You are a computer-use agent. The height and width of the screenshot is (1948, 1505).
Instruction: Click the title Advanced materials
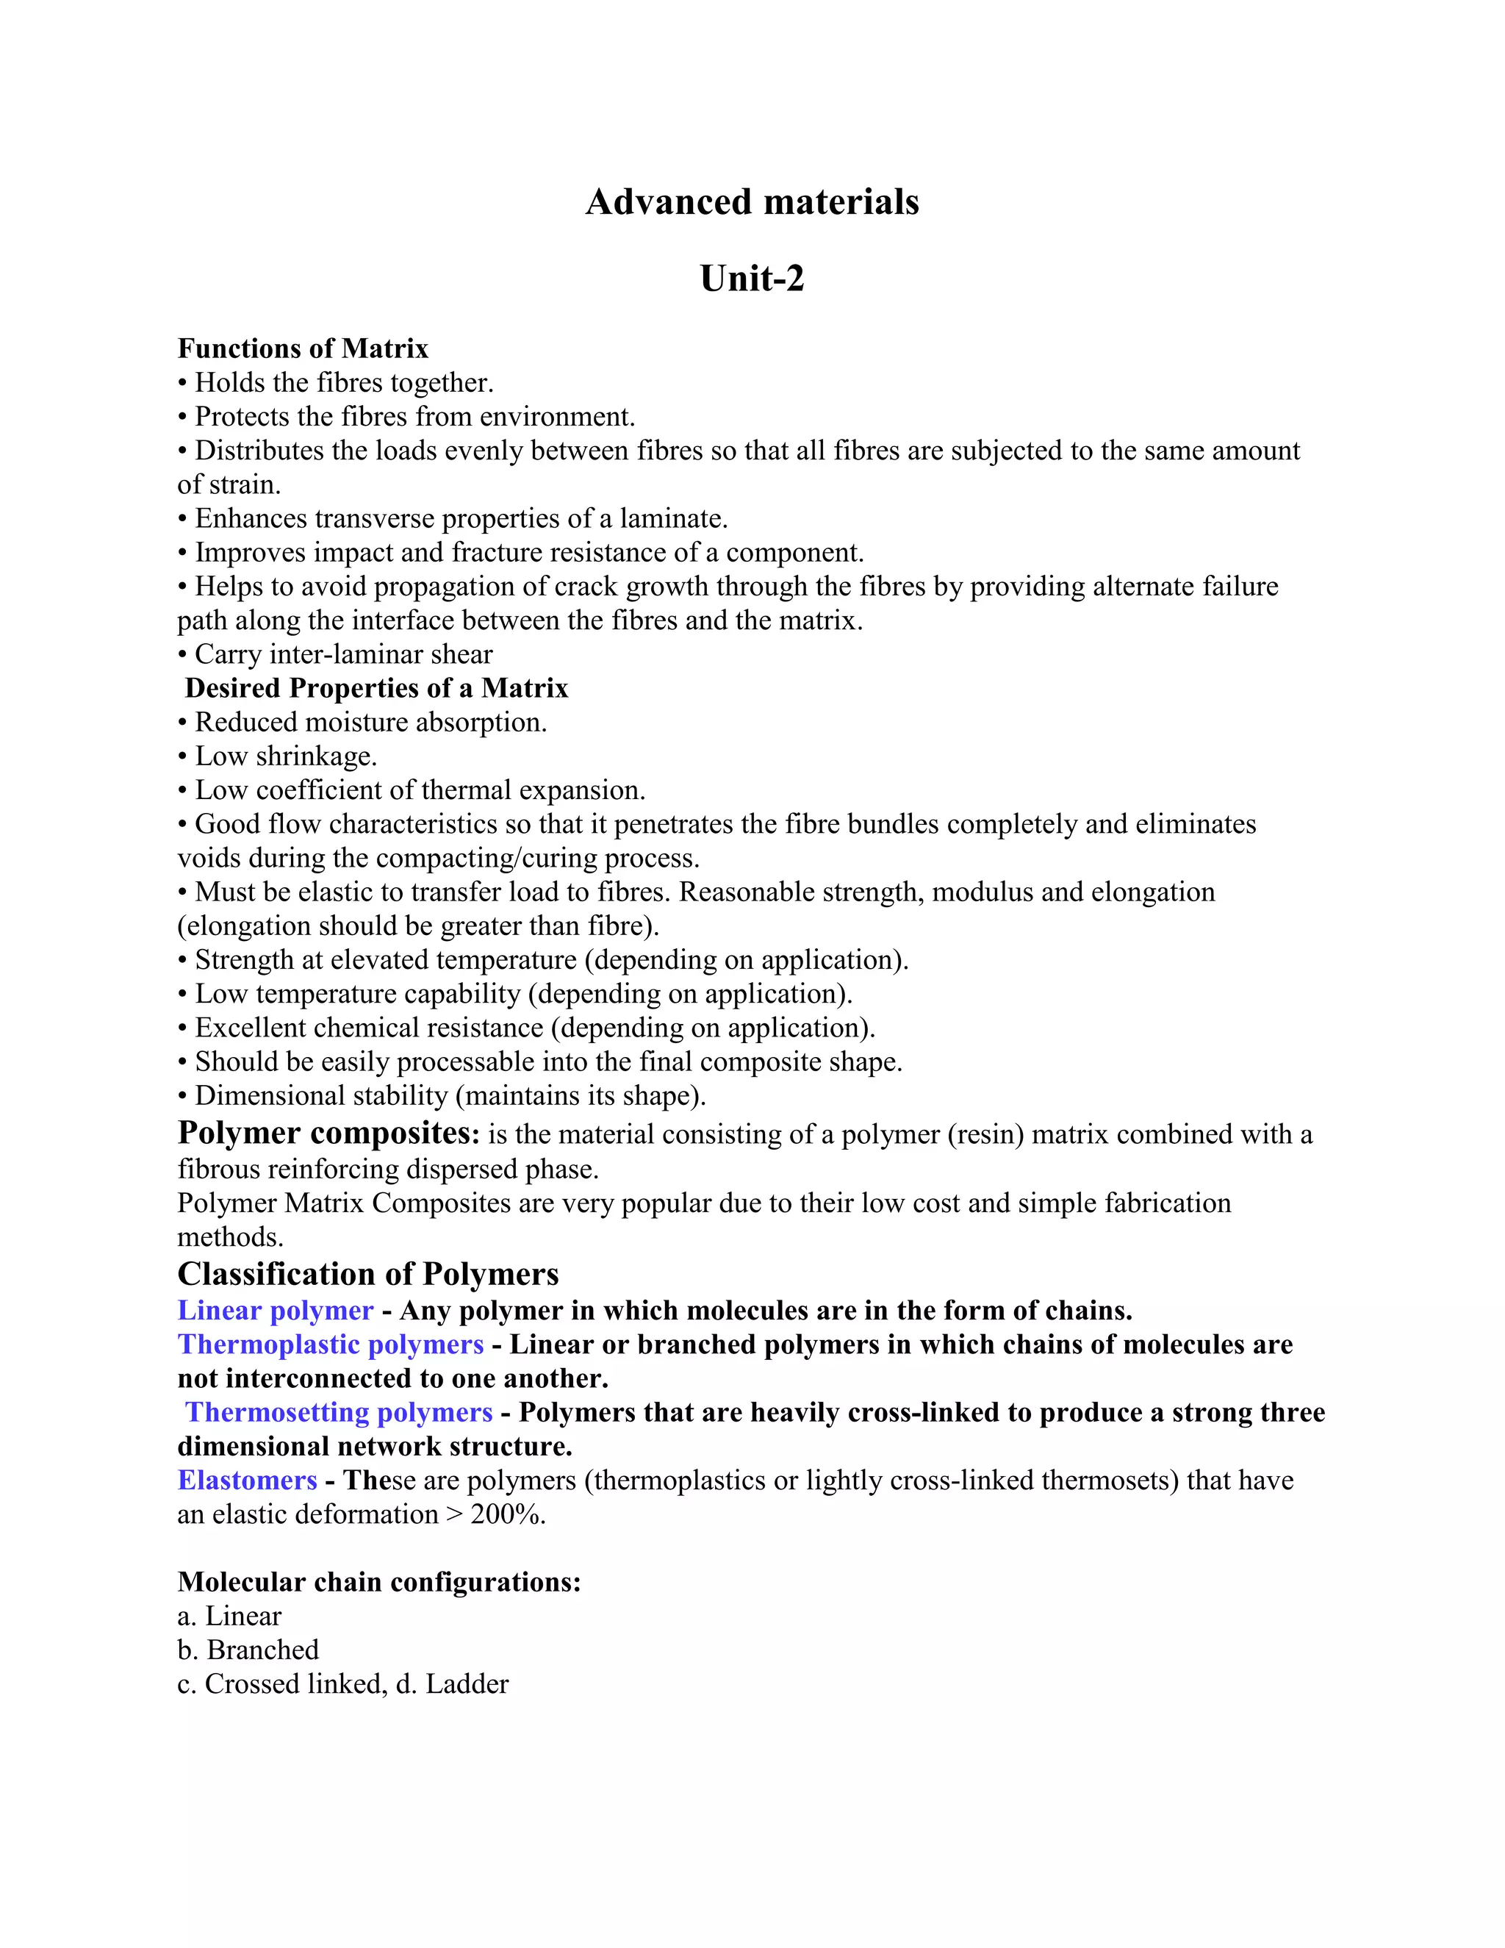tap(752, 201)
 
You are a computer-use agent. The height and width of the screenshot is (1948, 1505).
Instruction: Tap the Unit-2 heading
tap(752, 279)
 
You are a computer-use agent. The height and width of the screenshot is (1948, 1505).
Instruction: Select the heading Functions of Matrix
tap(303, 348)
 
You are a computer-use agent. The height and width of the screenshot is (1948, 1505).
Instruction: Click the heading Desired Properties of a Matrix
tap(376, 688)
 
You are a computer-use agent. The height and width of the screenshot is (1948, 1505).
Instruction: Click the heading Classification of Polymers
tap(368, 1274)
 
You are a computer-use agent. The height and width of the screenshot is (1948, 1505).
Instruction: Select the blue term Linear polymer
tap(276, 1310)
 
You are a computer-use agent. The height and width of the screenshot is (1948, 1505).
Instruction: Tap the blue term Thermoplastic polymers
tap(331, 1344)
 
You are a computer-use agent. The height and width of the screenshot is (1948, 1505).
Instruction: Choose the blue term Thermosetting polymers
tap(339, 1412)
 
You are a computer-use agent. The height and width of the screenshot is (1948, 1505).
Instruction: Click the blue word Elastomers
tap(248, 1480)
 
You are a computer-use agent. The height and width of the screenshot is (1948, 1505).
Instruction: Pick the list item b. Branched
tap(248, 1650)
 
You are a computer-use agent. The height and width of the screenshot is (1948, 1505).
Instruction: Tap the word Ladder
tap(467, 1684)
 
